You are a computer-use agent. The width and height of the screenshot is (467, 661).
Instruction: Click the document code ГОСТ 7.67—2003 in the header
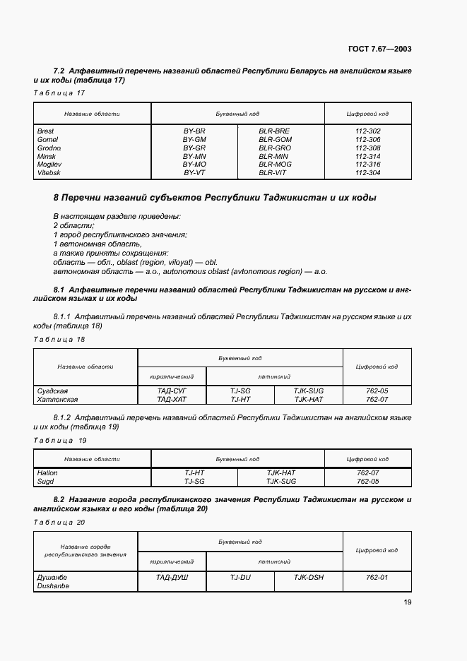[x=379, y=49]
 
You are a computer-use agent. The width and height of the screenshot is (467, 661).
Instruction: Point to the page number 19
[x=407, y=602]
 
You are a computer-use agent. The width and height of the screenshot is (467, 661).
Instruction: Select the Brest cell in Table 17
[x=45, y=131]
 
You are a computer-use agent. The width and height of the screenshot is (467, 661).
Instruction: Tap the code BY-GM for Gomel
[x=194, y=140]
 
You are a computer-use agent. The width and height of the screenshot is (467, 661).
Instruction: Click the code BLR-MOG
[x=274, y=165]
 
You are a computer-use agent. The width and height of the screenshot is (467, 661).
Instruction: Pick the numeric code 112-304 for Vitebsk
[x=368, y=173]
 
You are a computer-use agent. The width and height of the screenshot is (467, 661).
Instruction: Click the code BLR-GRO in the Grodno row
[x=274, y=148]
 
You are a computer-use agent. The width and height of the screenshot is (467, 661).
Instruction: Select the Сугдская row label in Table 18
[x=52, y=391]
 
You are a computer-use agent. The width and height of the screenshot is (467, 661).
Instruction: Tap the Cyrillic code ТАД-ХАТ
[x=171, y=399]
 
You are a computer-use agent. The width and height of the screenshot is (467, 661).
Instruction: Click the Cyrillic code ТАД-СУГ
[x=171, y=391]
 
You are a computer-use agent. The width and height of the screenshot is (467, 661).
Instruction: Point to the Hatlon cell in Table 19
[x=47, y=472]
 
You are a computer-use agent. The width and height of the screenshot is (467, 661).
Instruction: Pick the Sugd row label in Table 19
[x=45, y=481]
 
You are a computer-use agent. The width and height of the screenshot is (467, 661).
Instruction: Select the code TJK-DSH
[x=309, y=577]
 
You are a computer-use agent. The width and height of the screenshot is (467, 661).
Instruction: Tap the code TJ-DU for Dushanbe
[x=240, y=577]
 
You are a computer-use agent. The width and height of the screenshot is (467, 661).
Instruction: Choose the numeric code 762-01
[x=377, y=577]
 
